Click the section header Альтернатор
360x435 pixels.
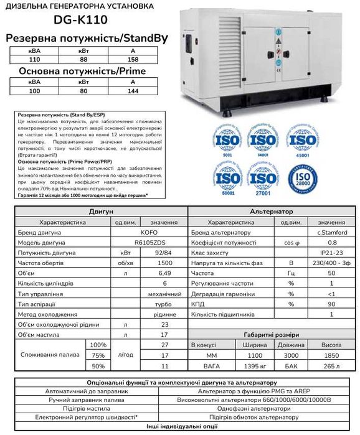pyautogui.click(x=270, y=211)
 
